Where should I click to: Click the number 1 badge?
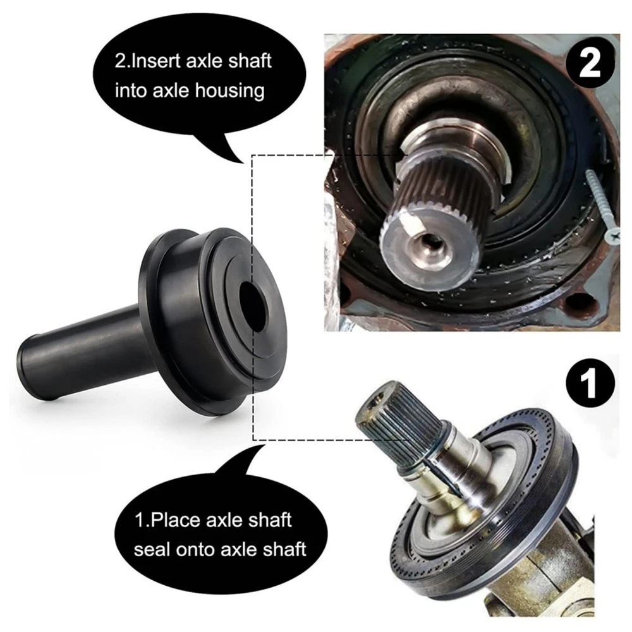(x=591, y=383)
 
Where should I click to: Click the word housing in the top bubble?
(x=229, y=91)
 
